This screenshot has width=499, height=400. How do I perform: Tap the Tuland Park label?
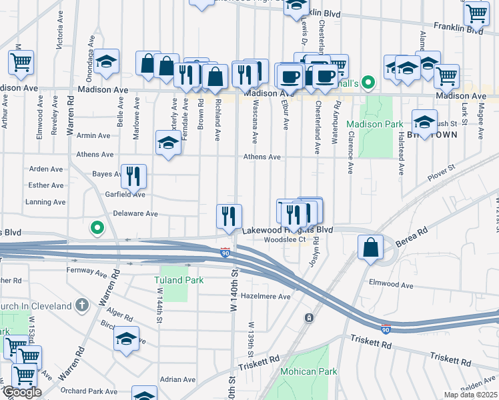179,280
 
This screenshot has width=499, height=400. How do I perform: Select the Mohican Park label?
308,371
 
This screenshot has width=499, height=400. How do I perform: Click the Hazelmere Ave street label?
266,297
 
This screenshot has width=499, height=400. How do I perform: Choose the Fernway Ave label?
87,271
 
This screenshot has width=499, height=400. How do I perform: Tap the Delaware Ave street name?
135,214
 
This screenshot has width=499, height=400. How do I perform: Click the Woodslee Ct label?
284,240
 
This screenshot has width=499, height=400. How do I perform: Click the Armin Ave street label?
94,135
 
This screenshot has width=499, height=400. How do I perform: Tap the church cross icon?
81,305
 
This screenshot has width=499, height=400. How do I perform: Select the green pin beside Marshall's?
368,83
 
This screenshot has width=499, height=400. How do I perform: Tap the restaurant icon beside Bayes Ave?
133,176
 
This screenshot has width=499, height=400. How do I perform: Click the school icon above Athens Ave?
167,142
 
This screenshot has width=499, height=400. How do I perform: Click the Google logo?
21,393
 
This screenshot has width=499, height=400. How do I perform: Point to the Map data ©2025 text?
470,395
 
